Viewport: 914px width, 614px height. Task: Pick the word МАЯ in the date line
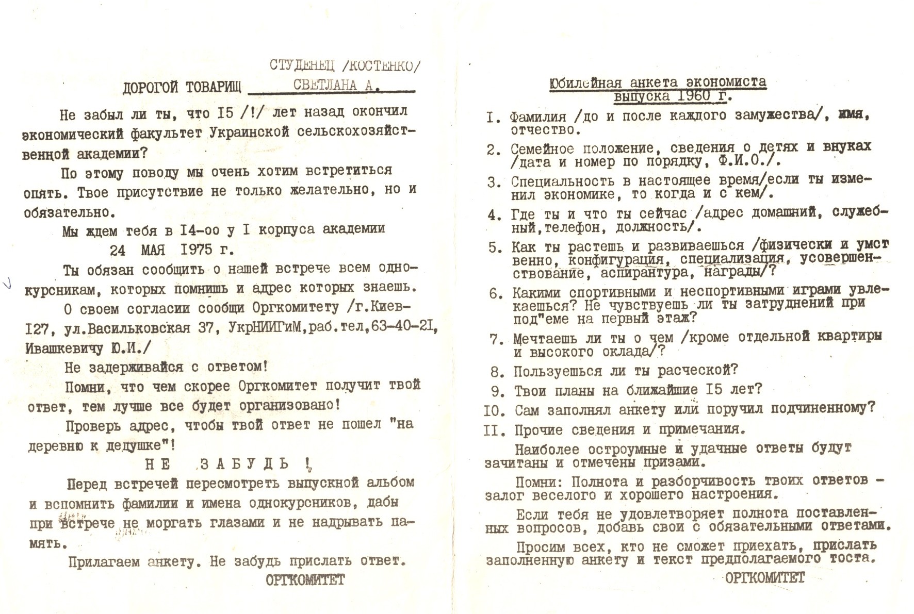click(153, 250)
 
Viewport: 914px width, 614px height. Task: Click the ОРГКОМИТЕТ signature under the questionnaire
click(764, 578)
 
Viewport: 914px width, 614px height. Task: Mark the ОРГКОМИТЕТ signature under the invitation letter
click(305, 580)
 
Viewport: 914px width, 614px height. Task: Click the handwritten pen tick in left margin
click(7, 283)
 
